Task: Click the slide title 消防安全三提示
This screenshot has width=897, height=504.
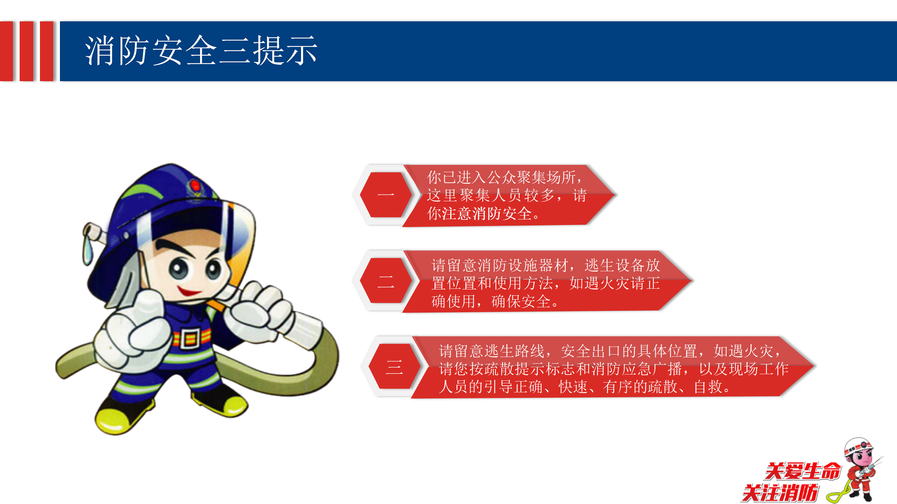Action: [201, 51]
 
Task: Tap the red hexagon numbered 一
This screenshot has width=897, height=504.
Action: [386, 195]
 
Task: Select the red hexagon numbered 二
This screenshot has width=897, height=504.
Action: [386, 281]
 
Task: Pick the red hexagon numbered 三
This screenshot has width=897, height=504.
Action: [394, 366]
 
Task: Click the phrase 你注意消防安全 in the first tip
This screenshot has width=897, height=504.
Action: [479, 213]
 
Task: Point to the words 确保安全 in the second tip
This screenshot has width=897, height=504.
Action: [521, 301]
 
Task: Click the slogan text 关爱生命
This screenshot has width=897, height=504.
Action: [803, 471]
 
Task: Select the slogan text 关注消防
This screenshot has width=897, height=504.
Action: [780, 493]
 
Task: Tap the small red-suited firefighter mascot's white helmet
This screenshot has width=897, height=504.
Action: [858, 446]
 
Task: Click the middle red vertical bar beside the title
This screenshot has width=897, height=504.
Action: [27, 51]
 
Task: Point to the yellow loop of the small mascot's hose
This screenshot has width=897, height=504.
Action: [837, 494]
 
